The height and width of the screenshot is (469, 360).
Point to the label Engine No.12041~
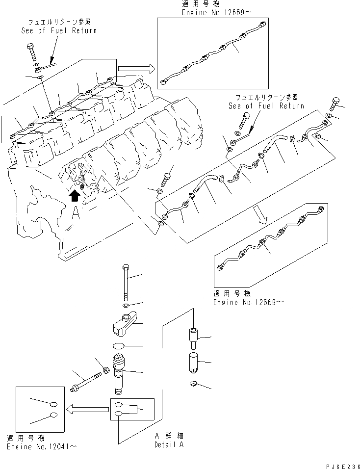42,447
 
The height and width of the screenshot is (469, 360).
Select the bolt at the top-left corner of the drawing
33,52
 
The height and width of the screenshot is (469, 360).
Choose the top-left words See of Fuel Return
59,30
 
